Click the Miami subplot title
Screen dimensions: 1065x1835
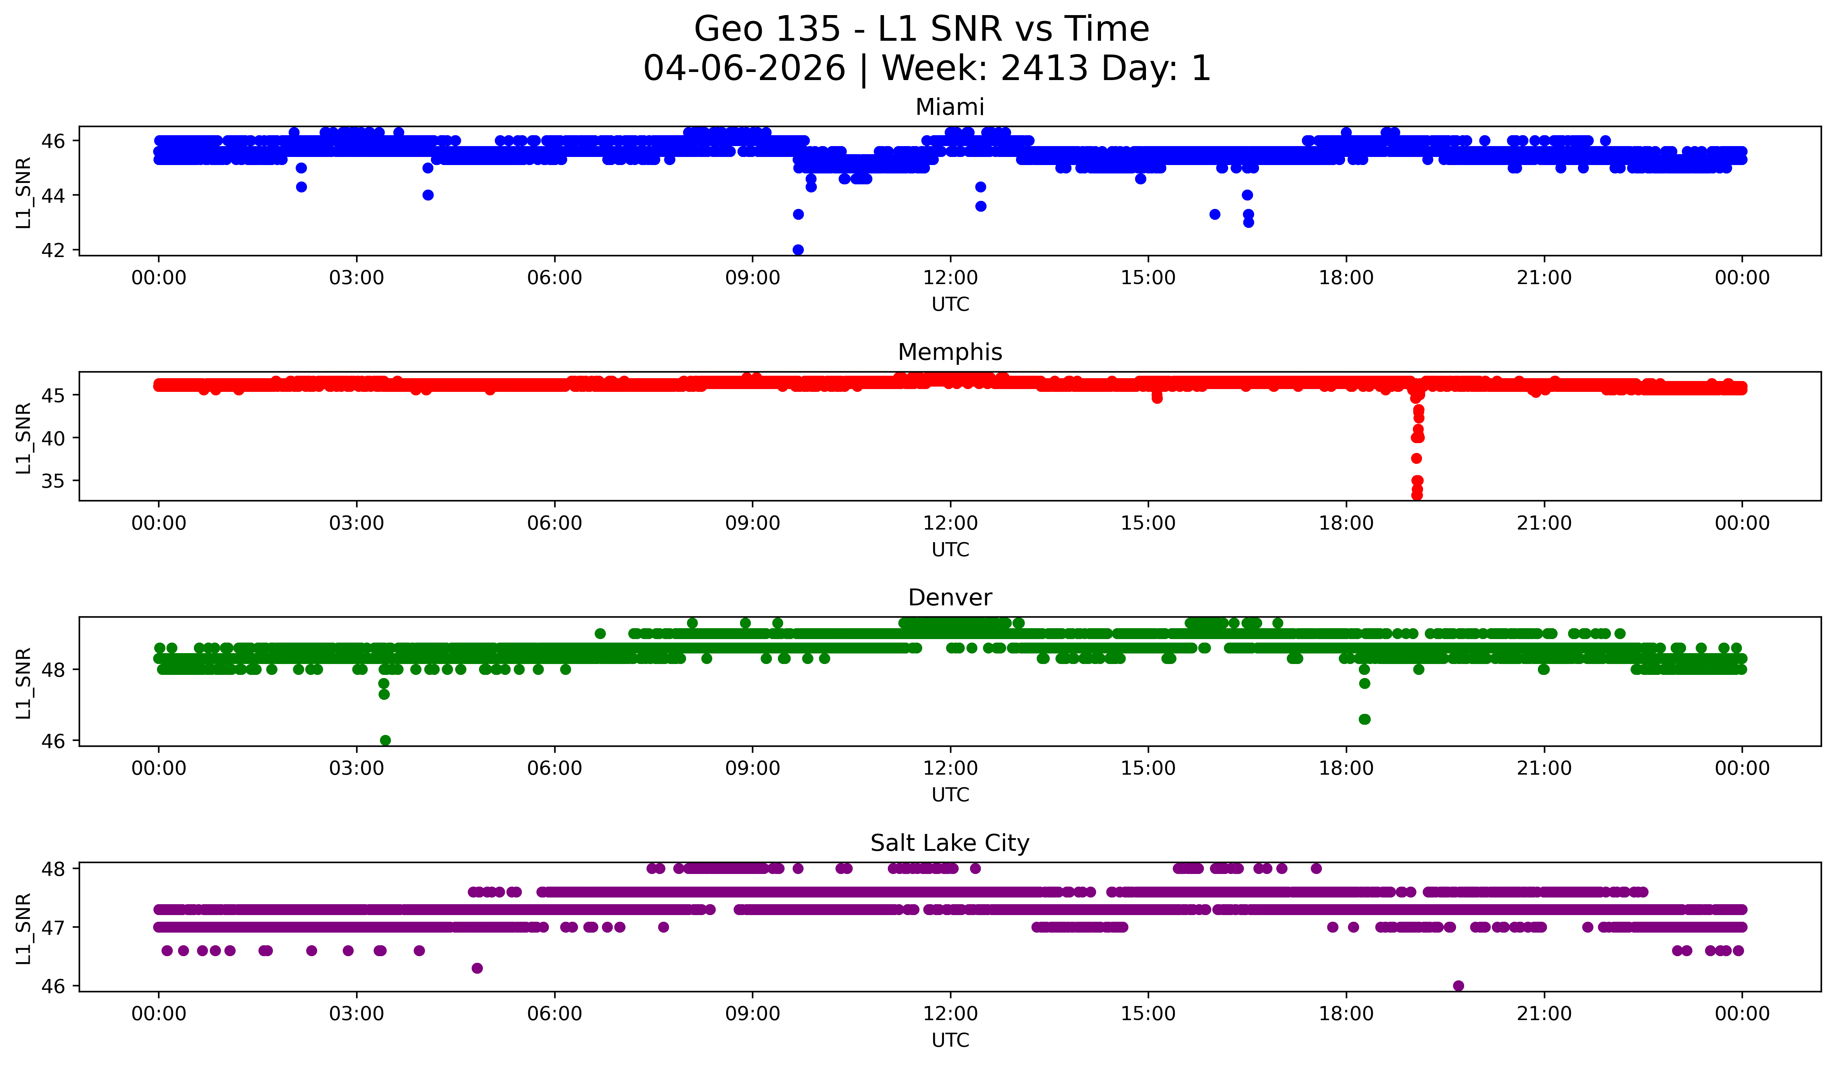[x=950, y=107]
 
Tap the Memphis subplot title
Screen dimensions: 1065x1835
[x=950, y=352]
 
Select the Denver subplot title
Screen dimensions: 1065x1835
[x=950, y=598]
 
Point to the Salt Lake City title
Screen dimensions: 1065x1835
[x=950, y=843]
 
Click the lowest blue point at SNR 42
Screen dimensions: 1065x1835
[x=798, y=250]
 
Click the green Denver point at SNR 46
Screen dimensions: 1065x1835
[x=385, y=740]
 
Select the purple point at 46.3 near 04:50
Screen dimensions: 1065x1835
[x=477, y=968]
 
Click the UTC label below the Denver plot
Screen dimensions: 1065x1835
[x=950, y=795]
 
